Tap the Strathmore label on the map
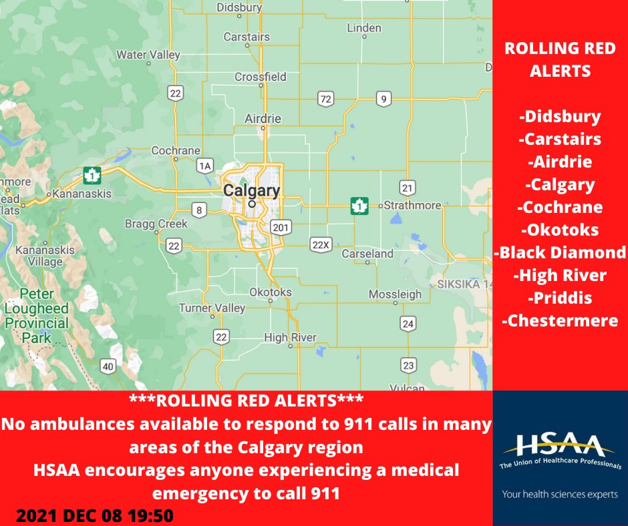click(x=413, y=205)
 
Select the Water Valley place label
click(x=148, y=54)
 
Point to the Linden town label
click(x=364, y=28)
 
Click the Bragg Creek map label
click(x=156, y=224)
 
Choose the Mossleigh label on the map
click(x=395, y=294)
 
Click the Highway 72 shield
click(x=326, y=99)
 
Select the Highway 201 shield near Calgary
click(x=281, y=228)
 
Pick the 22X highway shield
click(x=321, y=245)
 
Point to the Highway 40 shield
click(x=108, y=365)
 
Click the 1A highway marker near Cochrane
click(x=204, y=165)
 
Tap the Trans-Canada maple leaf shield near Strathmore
click(x=359, y=206)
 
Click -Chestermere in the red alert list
click(x=560, y=321)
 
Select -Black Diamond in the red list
click(x=560, y=252)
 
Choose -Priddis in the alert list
click(x=560, y=298)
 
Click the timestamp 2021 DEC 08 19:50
click(x=95, y=515)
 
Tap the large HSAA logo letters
click(x=559, y=446)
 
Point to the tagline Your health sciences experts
click(x=560, y=495)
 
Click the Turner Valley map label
click(x=212, y=308)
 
